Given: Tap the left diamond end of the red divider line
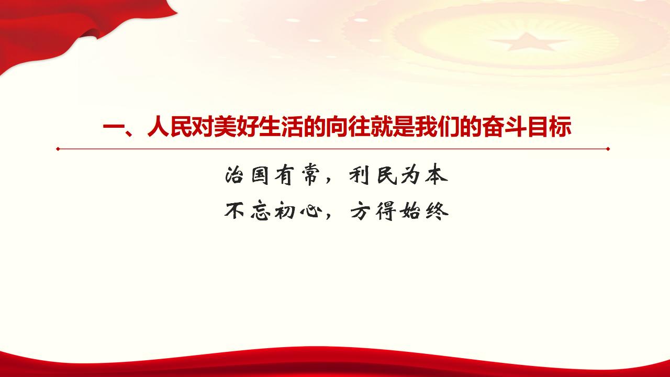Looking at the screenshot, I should coord(58,149).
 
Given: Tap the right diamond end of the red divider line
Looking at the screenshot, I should coord(608,149).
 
